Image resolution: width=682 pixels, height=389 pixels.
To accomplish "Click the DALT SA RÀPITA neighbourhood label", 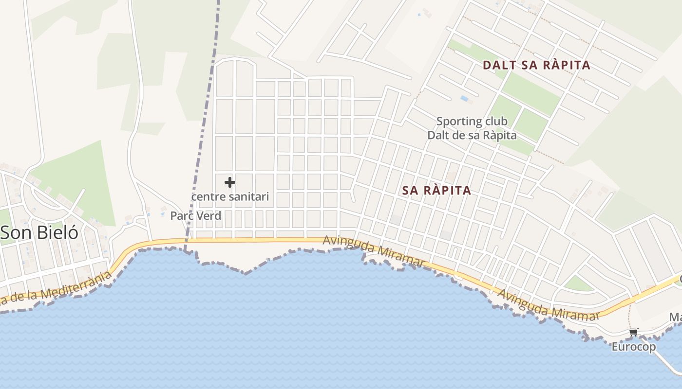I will (x=536, y=65).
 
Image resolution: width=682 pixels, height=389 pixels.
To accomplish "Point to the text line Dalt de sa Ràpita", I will (x=472, y=135).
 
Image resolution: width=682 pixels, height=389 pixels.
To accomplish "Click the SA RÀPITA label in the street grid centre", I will (x=437, y=191).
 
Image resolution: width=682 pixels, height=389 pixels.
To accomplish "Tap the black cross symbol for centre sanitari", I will (x=230, y=182).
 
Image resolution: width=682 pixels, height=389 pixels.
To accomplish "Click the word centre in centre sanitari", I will (x=208, y=197).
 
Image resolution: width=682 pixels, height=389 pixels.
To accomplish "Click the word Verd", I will (x=209, y=216).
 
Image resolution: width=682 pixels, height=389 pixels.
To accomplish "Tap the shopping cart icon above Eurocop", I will (x=633, y=333).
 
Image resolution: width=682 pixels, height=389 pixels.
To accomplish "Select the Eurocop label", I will (x=633, y=347).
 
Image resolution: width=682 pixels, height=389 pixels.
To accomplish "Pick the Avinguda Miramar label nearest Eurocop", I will (x=548, y=305).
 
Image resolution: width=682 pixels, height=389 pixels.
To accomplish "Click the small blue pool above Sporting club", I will (x=464, y=99).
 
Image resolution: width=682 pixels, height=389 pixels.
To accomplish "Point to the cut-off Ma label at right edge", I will (x=675, y=318).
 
